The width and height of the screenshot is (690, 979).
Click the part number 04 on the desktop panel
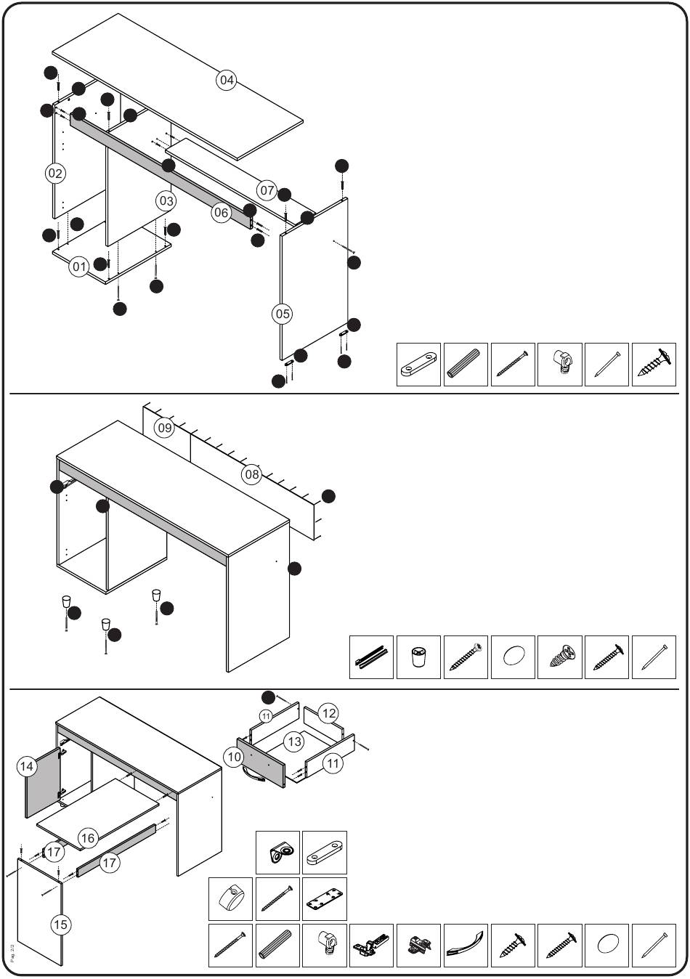click(x=227, y=80)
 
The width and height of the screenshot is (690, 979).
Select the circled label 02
click(x=54, y=173)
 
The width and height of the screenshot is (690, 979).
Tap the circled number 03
click(x=166, y=200)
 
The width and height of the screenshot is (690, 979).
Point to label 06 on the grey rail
click(x=222, y=213)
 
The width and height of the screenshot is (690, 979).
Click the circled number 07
click(x=267, y=191)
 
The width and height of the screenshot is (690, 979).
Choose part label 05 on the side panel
click(x=282, y=314)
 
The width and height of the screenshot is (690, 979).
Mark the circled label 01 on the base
click(x=79, y=267)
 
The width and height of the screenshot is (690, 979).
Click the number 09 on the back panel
click(x=165, y=428)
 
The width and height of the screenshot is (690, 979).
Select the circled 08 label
click(x=251, y=475)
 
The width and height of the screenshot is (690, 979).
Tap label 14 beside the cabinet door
click(x=27, y=765)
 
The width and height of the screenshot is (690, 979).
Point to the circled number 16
click(x=88, y=838)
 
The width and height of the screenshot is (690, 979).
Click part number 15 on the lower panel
click(x=61, y=924)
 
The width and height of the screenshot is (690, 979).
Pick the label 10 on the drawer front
click(x=234, y=757)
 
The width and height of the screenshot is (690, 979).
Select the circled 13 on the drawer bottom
click(x=293, y=742)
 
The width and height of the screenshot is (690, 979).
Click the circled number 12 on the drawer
click(x=329, y=713)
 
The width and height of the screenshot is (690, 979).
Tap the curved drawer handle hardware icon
click(x=466, y=946)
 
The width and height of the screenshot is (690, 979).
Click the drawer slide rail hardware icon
click(x=371, y=657)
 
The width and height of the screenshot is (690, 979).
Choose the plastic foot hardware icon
click(x=418, y=657)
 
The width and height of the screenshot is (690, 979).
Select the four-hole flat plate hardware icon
click(x=324, y=899)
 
